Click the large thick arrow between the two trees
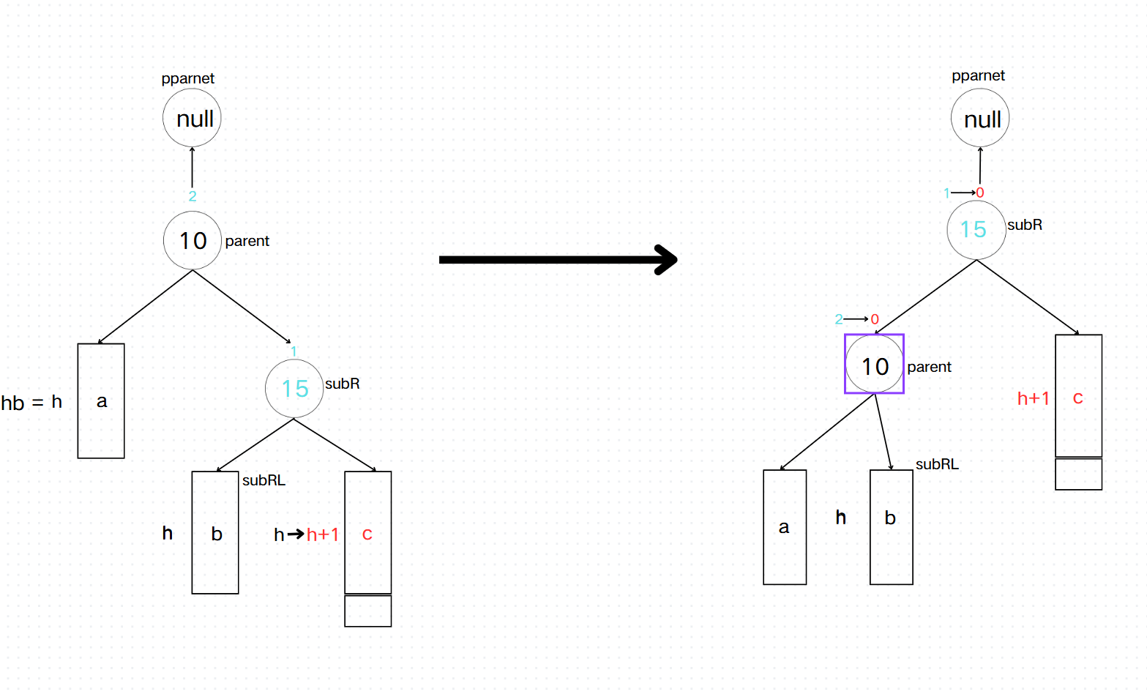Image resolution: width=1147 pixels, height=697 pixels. point(556,260)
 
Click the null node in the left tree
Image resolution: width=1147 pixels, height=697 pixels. point(192,119)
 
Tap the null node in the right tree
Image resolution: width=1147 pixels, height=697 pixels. point(980,119)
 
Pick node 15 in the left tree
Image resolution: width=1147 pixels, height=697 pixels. point(294,389)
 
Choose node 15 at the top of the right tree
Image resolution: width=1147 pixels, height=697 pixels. point(976,230)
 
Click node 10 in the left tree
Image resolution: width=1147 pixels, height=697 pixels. point(193,241)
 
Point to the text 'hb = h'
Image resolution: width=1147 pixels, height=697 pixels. point(31,403)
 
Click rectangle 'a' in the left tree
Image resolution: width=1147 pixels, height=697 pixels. point(101,401)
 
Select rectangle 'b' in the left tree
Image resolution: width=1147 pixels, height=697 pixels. point(215,533)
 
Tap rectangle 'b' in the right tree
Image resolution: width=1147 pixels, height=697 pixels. point(891,527)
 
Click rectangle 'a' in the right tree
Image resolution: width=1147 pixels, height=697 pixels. point(785,527)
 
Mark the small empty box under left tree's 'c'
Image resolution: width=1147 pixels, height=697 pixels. point(367,611)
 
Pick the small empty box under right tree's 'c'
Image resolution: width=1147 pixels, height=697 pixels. point(1078,474)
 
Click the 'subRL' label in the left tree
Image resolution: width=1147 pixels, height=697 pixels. point(264,480)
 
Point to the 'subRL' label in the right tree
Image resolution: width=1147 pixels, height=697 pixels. point(937,464)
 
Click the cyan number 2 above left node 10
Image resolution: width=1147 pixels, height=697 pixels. point(193,196)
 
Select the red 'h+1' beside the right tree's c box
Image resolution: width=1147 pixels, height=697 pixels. point(1033,398)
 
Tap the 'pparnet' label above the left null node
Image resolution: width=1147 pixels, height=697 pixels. point(188,78)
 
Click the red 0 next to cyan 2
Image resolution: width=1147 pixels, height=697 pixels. point(875,319)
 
